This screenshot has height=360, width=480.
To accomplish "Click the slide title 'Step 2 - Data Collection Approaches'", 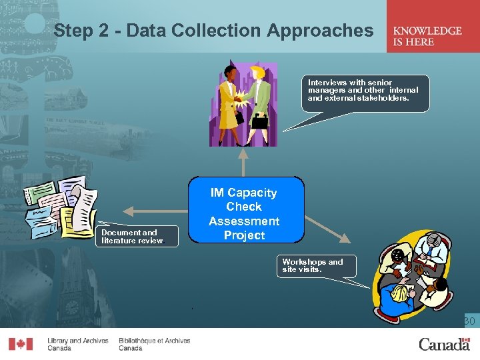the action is [213, 31].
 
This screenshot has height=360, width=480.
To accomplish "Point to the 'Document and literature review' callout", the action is [138, 237].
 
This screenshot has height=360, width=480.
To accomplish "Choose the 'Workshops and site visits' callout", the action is [317, 265].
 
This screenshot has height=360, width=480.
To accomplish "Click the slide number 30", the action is [469, 322].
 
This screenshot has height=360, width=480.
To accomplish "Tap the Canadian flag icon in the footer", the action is [20, 344].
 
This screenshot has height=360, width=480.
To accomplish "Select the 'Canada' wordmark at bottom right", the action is [444, 344].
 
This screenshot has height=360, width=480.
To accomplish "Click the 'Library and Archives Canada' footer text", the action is [77, 344].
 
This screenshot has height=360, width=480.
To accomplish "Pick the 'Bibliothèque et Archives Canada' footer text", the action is [154, 344].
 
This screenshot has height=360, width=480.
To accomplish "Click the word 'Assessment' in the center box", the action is [244, 221].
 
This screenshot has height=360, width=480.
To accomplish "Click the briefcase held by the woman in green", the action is [259, 123].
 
